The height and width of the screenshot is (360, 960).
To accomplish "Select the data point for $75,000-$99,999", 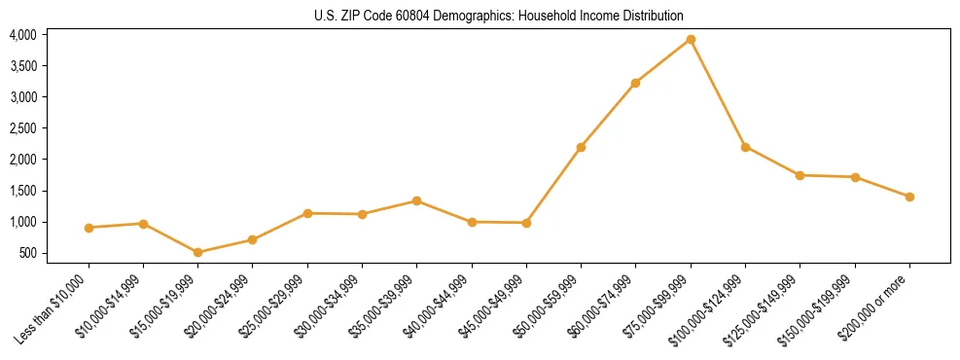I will point(691,39).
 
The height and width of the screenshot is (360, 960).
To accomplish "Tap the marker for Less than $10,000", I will point(89,228).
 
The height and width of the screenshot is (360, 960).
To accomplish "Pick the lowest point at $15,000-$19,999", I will point(198,252).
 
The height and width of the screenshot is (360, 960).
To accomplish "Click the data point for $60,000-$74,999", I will point(635,83).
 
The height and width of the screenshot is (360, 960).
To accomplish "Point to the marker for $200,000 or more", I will point(909,197).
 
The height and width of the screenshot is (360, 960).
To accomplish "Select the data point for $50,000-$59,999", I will point(581,147).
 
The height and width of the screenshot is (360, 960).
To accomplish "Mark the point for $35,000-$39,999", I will point(416,200).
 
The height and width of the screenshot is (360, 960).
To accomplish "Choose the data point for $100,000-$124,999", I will point(745,147).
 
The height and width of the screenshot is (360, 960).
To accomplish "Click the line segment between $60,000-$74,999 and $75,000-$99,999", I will point(663,60).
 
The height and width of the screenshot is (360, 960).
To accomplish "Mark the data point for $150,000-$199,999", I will point(855,177).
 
